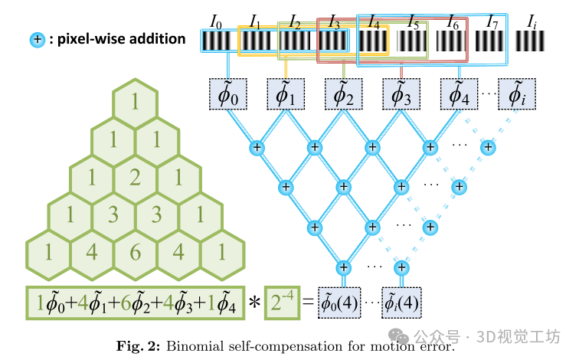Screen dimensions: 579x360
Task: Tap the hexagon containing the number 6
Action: pos(135,251)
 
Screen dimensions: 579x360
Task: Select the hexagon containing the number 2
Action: pos(135,178)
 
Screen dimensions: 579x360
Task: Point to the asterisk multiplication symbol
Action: pos(254,303)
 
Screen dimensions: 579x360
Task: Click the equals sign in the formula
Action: pos(306,302)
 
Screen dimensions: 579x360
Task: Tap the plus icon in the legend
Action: pos(35,39)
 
